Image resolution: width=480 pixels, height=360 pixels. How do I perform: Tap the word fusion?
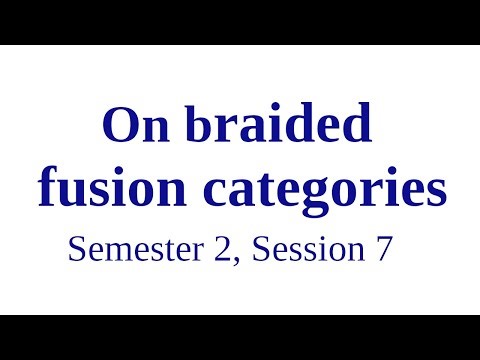point(100,189)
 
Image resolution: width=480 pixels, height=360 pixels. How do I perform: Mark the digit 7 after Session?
point(383,249)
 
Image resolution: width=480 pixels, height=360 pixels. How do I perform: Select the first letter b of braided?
point(186,126)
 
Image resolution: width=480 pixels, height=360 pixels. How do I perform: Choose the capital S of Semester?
point(76,249)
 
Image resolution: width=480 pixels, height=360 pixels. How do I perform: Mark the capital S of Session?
point(261,249)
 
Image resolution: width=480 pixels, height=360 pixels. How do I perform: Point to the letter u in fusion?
point(71,192)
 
